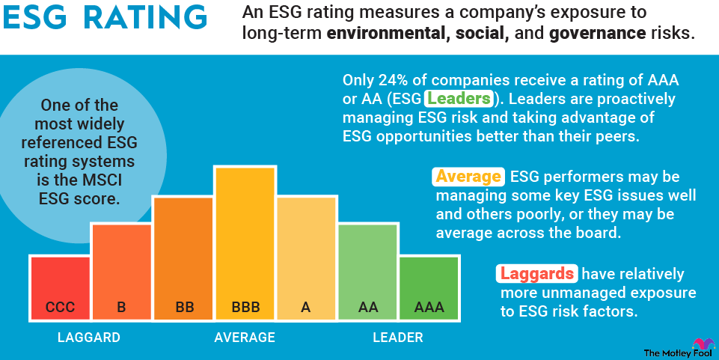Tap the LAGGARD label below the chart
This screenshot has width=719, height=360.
pos(89,338)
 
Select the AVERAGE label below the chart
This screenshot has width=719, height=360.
pos(245,338)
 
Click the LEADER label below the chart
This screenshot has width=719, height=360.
pos(398,338)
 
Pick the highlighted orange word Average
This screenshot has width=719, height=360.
pos(468,177)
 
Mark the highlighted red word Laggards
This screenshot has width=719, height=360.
pos(537,274)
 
